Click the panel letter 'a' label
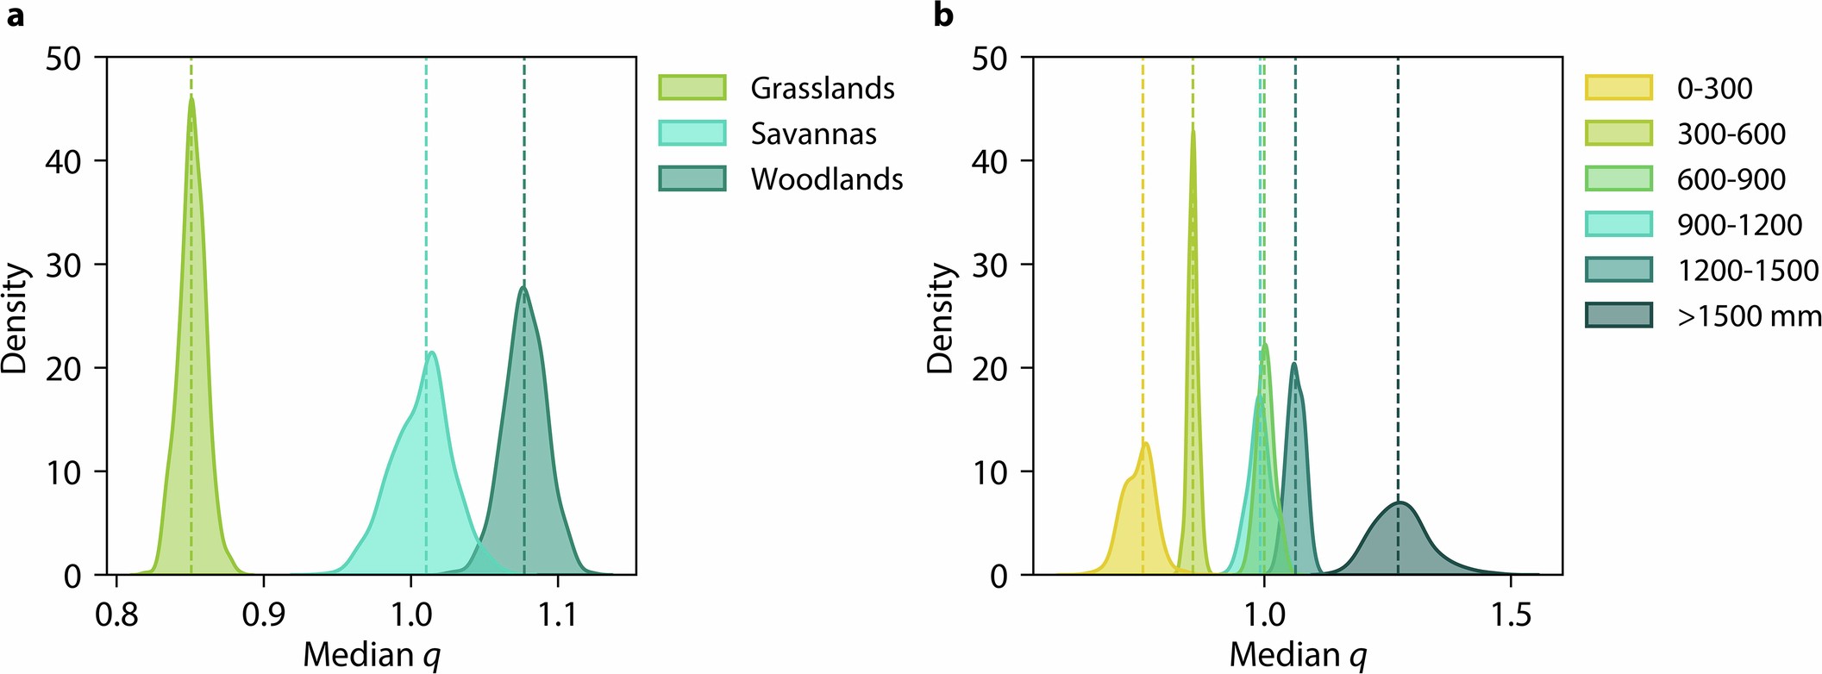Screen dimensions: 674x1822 [x=16, y=16]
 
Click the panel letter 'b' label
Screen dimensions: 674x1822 [x=943, y=16]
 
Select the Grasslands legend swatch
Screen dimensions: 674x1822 [x=692, y=88]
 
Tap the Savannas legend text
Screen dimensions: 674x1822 [x=813, y=134]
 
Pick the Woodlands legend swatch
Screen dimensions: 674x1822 [x=692, y=179]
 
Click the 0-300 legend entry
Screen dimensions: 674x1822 [x=1714, y=88]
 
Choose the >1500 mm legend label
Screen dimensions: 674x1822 [x=1749, y=316]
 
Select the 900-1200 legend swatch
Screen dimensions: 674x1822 [x=1619, y=225]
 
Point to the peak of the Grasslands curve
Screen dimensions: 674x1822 [x=191, y=97]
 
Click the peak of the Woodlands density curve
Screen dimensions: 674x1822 [x=523, y=287]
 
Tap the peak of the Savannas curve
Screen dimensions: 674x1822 [x=432, y=352]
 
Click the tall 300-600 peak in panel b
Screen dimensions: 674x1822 [x=1193, y=126]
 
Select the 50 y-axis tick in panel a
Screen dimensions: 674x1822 [x=63, y=59]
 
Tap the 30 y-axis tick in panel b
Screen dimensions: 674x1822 [x=989, y=265]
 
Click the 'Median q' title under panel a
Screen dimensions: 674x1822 [x=372, y=655]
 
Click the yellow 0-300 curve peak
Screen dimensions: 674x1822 [x=1146, y=443]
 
